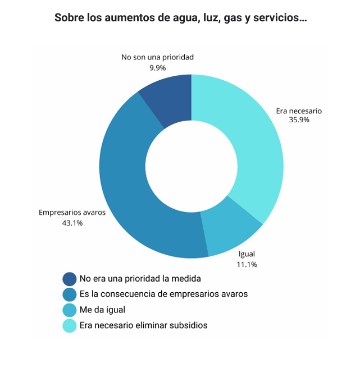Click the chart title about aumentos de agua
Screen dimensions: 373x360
[x=180, y=17]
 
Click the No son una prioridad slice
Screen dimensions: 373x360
[x=168, y=101]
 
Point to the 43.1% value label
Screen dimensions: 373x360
[x=72, y=223]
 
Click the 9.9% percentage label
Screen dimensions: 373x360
[x=157, y=67]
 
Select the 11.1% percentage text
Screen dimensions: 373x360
[x=247, y=264]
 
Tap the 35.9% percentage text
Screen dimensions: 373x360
[x=299, y=120]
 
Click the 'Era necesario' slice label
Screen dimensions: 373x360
[x=299, y=111]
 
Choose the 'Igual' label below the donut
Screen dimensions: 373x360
[x=247, y=255]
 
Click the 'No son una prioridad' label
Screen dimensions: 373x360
[x=157, y=57]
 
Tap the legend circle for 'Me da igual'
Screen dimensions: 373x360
[x=70, y=310]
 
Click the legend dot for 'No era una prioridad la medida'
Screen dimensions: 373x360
[x=70, y=279]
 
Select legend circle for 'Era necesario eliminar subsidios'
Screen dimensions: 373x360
[x=70, y=326]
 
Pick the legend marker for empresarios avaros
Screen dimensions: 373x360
[x=70, y=294]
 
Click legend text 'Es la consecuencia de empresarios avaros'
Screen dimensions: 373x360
[x=163, y=294]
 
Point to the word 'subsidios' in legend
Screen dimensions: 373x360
[x=190, y=325]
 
